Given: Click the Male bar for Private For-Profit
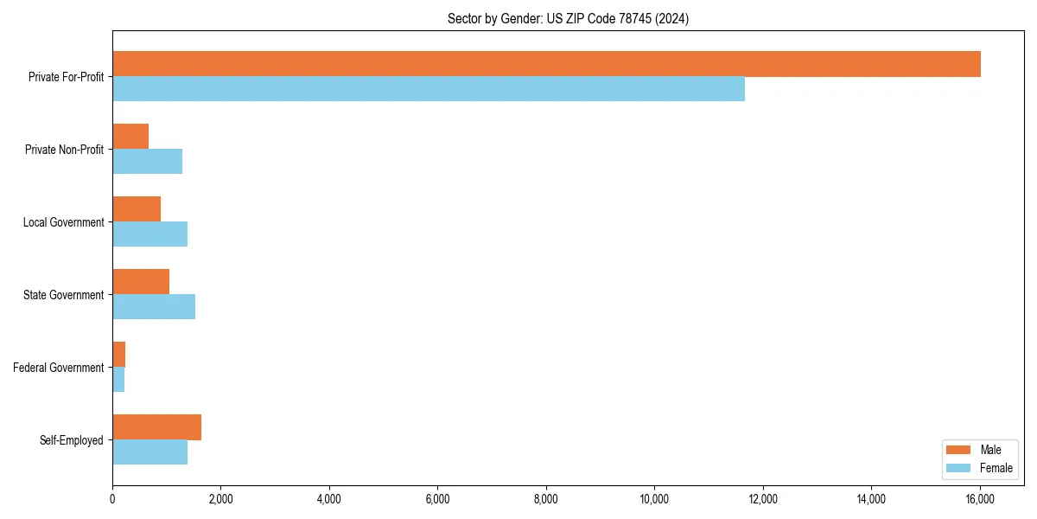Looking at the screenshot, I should click(546, 64).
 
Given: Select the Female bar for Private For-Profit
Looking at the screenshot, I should click(429, 89).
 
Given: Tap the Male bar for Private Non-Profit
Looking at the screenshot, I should click(130, 137).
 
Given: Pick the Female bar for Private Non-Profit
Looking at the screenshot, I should click(147, 162).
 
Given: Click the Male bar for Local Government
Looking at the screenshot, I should click(137, 209).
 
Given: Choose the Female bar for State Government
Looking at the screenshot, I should click(154, 307).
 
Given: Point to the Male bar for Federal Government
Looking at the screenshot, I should click(119, 355).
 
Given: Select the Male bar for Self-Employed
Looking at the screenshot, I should click(156, 427).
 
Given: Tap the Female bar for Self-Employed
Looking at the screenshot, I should click(150, 452).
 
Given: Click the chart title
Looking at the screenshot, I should click(568, 18).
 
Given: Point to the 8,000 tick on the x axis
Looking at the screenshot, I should click(546, 498).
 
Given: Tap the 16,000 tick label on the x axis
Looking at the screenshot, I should click(980, 498).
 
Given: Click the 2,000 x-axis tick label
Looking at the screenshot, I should click(220, 498).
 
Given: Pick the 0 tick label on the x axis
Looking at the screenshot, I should click(112, 498).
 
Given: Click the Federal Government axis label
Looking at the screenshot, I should click(59, 368).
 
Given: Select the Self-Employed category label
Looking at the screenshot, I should click(72, 440).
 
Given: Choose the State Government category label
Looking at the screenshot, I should click(64, 295).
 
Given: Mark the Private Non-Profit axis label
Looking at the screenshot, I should click(65, 150).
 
